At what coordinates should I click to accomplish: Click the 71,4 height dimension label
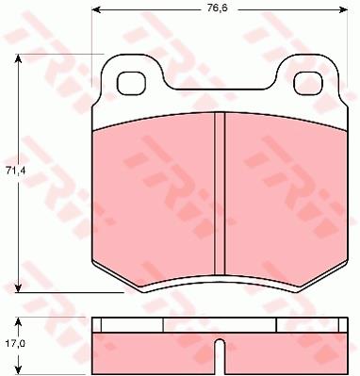pos(13,172)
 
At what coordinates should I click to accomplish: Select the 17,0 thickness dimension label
pos(13,343)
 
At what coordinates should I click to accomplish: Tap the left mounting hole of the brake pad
pos(131,83)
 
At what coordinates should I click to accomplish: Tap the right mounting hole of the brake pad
pos(309,83)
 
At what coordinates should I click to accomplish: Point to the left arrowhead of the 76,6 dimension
pos(96,9)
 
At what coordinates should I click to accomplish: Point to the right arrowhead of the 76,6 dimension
pos(343,9)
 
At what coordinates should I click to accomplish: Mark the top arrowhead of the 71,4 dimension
pos(18,58)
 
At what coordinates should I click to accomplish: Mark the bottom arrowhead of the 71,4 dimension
pos(18,287)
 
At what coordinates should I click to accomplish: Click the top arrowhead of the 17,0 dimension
pos(18,322)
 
